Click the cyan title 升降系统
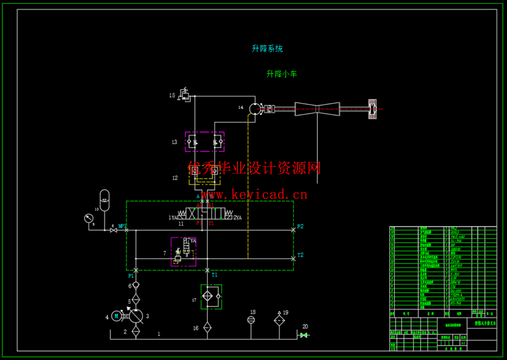click(x=267, y=49)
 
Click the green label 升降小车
click(x=281, y=74)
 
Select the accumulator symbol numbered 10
click(x=105, y=200)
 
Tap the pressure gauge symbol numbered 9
click(x=89, y=218)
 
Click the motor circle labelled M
click(x=116, y=316)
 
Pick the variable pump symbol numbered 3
click(x=136, y=316)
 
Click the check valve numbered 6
click(x=136, y=285)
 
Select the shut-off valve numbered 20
click(x=304, y=335)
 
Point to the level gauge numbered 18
click(x=251, y=320)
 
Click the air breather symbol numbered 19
click(x=279, y=320)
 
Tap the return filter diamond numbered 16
click(x=207, y=327)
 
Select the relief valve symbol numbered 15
click(x=185, y=95)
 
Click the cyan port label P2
click(x=300, y=227)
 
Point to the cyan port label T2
click(x=300, y=255)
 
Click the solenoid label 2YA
click(x=238, y=218)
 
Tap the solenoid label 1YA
click(x=173, y=218)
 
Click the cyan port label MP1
click(x=122, y=226)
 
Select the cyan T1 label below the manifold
click(x=214, y=275)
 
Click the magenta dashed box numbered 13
click(x=204, y=142)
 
